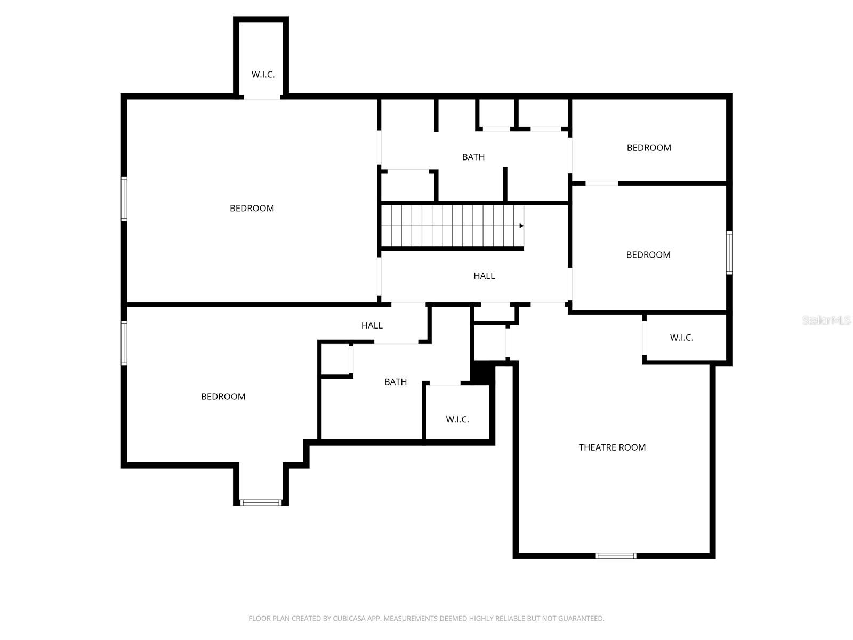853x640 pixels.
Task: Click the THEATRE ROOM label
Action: coord(612,447)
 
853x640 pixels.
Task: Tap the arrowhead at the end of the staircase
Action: coord(521,226)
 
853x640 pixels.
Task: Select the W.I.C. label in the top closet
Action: coord(263,75)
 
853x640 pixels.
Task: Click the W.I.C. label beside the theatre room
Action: coord(681,338)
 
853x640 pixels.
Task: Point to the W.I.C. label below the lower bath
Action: coord(457,420)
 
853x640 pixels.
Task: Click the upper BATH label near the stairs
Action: coord(473,157)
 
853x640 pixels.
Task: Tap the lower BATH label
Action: coord(396,382)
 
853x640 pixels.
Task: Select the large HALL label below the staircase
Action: coord(484,276)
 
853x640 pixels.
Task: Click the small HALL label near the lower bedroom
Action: coord(372,325)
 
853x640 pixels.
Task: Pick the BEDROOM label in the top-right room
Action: coord(649,148)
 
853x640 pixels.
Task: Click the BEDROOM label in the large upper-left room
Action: coord(252,209)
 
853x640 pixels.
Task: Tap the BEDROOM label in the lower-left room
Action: coord(223,397)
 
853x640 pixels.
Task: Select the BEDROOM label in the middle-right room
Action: coord(648,255)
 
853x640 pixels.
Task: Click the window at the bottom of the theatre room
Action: coord(616,556)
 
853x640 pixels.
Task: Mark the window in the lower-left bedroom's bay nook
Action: coord(261,502)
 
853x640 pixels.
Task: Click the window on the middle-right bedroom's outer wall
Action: coord(729,253)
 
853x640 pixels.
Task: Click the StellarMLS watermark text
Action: coord(826,321)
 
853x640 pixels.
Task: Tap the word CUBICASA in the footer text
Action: coord(350,619)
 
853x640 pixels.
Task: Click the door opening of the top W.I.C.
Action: coord(262,97)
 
